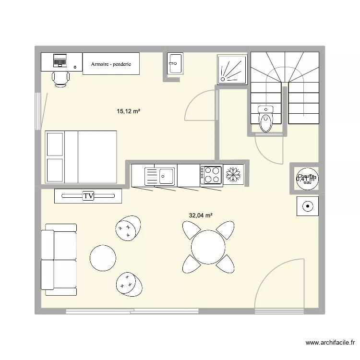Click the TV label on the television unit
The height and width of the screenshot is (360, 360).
[88, 196]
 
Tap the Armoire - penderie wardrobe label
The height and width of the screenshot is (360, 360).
[111, 64]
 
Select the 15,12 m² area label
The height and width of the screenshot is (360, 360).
[128, 111]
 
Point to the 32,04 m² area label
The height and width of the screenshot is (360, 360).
[201, 216]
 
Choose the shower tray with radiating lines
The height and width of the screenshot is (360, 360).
[233, 70]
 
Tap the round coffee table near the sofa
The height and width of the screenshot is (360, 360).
[103, 258]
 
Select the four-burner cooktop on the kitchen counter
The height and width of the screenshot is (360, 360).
[211, 175]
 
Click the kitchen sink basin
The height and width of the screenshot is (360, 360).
[167, 175]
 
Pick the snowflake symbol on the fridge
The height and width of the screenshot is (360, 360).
[234, 175]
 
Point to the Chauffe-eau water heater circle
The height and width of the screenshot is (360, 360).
[306, 179]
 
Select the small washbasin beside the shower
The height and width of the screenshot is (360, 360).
[175, 63]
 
